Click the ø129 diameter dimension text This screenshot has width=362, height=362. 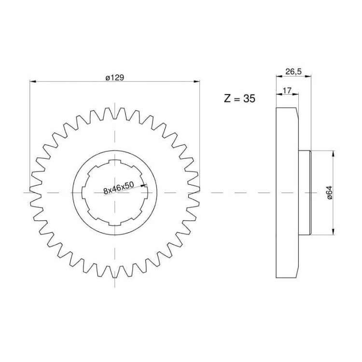point(115,78)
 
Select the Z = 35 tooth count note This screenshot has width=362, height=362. point(239,98)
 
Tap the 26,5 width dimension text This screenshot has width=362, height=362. point(293,71)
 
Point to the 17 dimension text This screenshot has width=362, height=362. point(287,90)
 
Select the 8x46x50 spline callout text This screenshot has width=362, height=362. point(119,188)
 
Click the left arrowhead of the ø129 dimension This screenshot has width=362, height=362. point(33,81)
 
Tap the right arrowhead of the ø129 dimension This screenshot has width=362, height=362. point(197,81)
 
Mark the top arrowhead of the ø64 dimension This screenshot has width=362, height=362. point(333,153)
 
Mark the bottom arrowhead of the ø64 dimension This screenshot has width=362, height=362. point(333,232)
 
